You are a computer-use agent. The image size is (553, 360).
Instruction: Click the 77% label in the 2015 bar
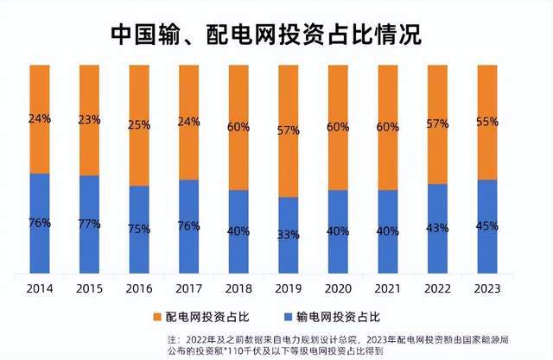tap(89, 223)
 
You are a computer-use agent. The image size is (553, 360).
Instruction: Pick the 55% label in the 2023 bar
tap(486, 123)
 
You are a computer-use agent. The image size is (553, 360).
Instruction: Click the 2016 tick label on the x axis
tap(138, 287)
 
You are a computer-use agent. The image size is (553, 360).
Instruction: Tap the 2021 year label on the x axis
tap(387, 287)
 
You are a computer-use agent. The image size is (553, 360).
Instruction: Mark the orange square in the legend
tap(156, 316)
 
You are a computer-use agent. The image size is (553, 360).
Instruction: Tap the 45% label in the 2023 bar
tap(486, 227)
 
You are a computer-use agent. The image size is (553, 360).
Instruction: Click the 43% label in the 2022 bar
tap(437, 228)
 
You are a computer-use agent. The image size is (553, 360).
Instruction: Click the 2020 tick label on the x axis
tap(338, 287)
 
